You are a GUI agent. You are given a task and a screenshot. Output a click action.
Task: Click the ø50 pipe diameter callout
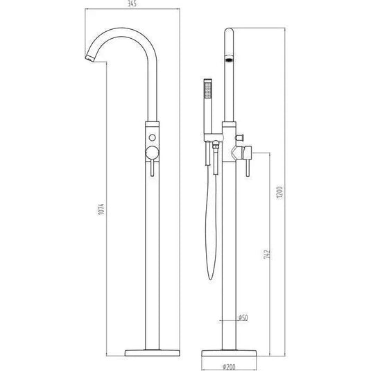pos(243,318)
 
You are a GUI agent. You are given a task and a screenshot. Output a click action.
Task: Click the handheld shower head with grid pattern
pos(206,92)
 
